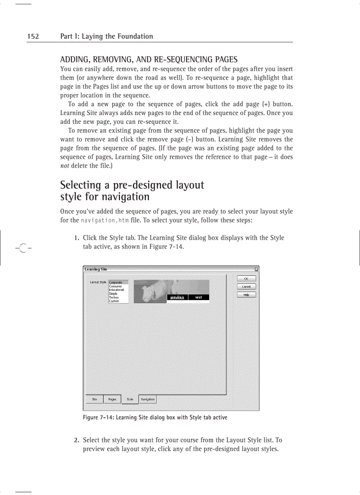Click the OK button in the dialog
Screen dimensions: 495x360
click(x=247, y=279)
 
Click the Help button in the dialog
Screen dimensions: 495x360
click(x=247, y=295)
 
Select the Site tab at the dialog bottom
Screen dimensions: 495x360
click(x=94, y=399)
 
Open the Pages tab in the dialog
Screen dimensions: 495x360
click(x=112, y=399)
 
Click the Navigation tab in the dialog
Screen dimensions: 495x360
click(x=147, y=399)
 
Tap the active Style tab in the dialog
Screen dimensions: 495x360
click(x=130, y=399)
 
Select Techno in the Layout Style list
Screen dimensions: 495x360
click(x=114, y=298)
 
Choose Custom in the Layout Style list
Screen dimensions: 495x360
click(x=114, y=301)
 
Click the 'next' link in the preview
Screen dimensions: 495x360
click(x=199, y=298)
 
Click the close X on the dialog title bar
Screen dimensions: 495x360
click(x=256, y=269)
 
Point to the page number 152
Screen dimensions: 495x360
click(x=33, y=37)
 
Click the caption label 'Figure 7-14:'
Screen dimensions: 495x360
click(x=98, y=417)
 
